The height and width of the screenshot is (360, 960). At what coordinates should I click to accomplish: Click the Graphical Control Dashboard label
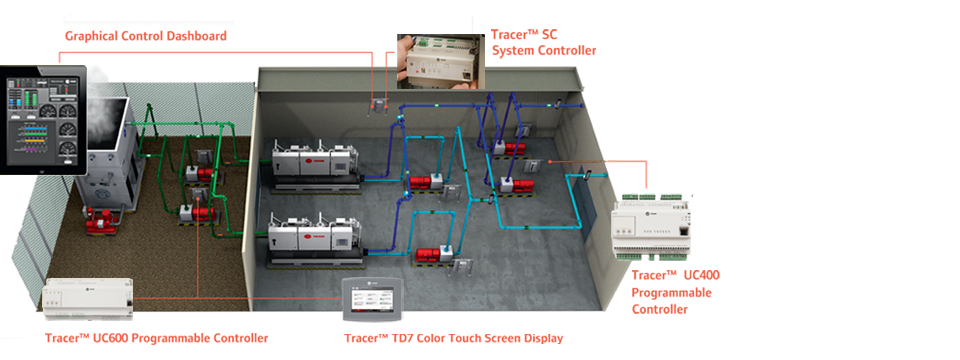146,36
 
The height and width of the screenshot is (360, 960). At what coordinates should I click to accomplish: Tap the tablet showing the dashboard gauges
43,120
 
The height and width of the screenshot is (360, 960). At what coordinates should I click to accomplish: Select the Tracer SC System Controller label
543,42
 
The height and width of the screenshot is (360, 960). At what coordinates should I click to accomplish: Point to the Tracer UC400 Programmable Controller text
675,292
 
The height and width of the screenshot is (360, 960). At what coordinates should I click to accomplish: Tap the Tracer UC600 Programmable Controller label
156,338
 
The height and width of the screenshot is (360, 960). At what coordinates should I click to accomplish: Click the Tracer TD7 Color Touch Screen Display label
453,338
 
